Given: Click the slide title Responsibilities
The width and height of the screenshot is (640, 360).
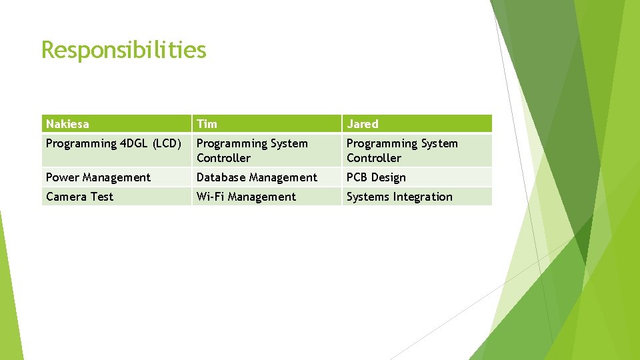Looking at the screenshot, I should (x=123, y=50).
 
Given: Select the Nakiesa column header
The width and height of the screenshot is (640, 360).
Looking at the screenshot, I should (x=67, y=124).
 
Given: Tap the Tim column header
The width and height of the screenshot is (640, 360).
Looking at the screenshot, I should (x=207, y=124).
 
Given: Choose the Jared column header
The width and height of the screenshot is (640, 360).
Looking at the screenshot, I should (x=362, y=124).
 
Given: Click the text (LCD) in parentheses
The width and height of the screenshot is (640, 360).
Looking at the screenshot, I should (x=167, y=143).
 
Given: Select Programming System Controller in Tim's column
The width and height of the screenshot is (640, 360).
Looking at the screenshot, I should (x=252, y=151).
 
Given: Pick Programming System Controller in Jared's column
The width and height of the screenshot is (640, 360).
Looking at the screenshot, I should (x=402, y=151).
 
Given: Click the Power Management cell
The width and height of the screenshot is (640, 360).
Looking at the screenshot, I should (x=98, y=177).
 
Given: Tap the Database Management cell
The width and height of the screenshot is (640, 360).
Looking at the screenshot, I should (x=257, y=177).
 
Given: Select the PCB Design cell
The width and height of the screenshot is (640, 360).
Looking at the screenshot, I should (x=376, y=177).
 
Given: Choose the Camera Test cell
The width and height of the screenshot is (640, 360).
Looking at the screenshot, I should (x=79, y=197).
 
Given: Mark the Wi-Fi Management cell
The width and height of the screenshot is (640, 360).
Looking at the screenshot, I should (x=246, y=197).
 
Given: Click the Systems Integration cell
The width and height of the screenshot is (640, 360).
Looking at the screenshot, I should (x=399, y=197).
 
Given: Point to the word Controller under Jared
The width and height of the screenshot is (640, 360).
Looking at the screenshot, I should (x=373, y=158).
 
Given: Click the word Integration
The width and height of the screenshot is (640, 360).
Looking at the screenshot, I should (x=422, y=197).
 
